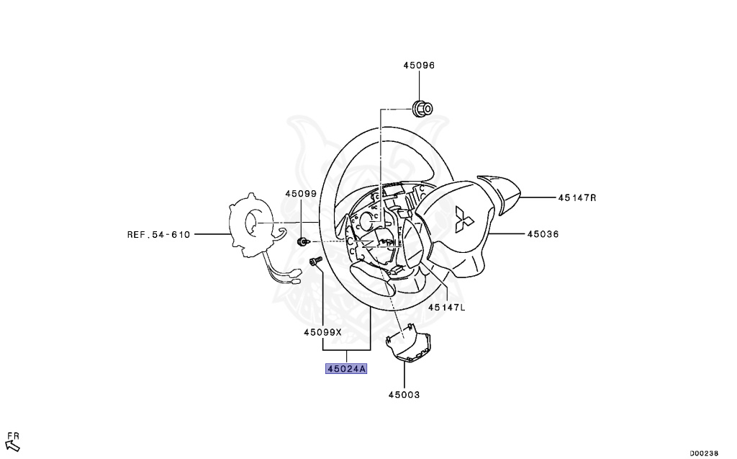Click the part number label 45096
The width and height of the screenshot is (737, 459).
tap(418, 65)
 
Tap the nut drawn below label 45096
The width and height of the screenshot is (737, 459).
tap(422, 110)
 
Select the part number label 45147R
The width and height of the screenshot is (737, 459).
tap(577, 197)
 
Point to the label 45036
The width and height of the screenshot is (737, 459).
tap(543, 234)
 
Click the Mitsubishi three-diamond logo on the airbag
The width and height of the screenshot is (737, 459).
tap(461, 218)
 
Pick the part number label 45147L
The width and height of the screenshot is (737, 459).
tap(447, 307)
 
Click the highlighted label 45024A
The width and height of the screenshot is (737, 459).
tap(346, 369)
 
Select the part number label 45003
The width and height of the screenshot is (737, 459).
tap(404, 394)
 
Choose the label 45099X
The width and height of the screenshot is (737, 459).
tap(322, 332)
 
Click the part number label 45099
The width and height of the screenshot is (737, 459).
tap(300, 194)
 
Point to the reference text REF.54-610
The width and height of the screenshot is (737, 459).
tap(158, 234)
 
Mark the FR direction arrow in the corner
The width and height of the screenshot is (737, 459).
tap(12, 446)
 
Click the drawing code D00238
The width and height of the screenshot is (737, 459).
tap(703, 453)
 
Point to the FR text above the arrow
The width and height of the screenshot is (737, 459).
tap(12, 435)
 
